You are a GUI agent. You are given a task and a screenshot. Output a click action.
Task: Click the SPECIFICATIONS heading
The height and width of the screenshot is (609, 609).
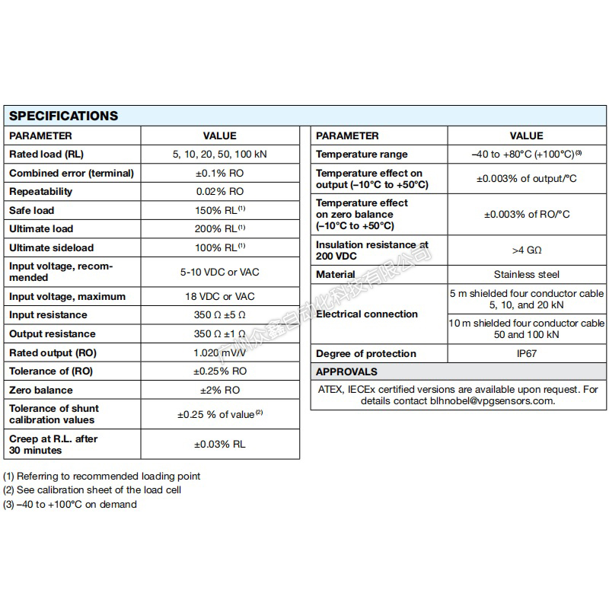tap(63, 116)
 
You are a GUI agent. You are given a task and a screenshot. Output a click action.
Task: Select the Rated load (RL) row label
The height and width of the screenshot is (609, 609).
tap(46, 154)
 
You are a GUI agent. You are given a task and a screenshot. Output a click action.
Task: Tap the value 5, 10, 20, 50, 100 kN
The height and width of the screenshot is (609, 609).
tap(219, 154)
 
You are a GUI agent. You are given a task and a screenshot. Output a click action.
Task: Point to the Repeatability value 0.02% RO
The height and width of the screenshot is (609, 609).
tap(219, 191)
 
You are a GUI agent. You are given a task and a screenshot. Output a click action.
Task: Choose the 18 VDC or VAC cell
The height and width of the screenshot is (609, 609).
tap(219, 296)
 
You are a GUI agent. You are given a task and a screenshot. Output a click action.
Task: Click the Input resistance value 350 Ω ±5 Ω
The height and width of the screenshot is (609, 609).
tap(219, 314)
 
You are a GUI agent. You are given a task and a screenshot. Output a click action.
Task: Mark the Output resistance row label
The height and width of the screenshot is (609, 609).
tap(53, 333)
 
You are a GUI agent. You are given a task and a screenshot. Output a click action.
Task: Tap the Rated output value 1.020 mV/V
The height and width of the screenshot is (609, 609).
tap(219, 352)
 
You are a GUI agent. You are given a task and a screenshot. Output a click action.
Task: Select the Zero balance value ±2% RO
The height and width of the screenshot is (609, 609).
tap(219, 390)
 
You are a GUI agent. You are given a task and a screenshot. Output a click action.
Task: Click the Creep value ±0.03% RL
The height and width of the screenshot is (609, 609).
tap(219, 444)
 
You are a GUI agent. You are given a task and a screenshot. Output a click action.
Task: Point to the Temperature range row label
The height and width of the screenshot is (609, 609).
tap(362, 154)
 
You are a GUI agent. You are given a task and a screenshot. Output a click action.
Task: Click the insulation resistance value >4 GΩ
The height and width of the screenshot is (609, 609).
tap(527, 250)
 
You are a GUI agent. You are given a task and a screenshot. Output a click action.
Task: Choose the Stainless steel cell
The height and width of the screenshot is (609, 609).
tap(527, 274)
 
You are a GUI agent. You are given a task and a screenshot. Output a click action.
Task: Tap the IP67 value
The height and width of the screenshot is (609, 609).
tap(527, 353)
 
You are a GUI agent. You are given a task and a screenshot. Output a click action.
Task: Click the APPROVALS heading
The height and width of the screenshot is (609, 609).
tap(346, 371)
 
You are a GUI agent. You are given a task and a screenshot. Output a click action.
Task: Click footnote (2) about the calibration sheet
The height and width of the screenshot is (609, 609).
tap(92, 489)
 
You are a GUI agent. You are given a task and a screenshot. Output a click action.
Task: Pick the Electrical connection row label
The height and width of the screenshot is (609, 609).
tap(366, 314)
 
